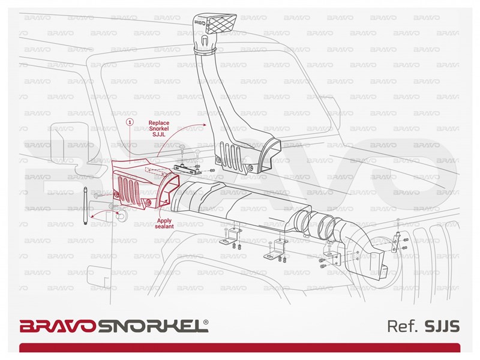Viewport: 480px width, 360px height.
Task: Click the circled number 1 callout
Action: [130, 122]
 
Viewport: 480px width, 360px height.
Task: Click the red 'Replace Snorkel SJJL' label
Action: [159, 128]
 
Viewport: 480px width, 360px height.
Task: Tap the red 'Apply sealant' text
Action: [164, 223]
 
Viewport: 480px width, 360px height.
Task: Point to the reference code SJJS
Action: [442, 326]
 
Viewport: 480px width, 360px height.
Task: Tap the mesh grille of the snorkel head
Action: [221, 24]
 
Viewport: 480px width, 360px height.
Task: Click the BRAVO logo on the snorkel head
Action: [199, 24]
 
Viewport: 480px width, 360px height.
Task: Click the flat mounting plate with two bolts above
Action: [187, 169]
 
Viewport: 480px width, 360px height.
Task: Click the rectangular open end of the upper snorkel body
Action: [270, 156]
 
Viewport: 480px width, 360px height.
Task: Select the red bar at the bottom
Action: [239, 348]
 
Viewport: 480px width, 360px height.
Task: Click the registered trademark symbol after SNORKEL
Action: [206, 322]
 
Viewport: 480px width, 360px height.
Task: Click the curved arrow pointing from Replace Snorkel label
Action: [180, 134]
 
